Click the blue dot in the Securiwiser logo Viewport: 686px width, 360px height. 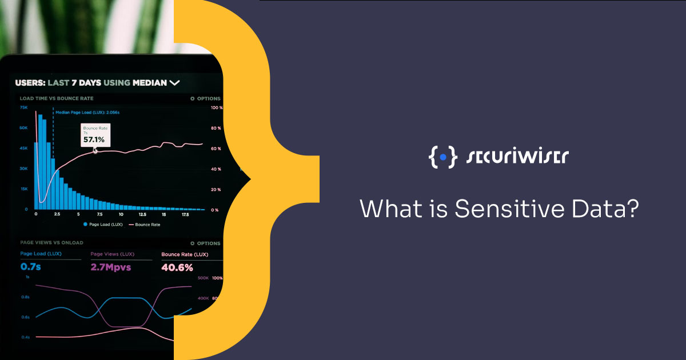442,155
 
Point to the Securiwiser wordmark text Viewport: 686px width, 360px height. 518,156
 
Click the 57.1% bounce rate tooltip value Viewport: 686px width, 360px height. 94,139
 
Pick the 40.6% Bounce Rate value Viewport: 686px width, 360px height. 177,267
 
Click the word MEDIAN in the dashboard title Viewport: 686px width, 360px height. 150,83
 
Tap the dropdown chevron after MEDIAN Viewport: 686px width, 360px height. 174,83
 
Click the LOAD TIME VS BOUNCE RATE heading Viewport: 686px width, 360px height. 57,98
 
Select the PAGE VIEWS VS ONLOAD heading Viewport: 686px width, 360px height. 51,243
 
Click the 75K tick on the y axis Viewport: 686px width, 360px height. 24,107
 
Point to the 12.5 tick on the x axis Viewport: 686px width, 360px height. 142,214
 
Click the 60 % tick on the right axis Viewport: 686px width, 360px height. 216,149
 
